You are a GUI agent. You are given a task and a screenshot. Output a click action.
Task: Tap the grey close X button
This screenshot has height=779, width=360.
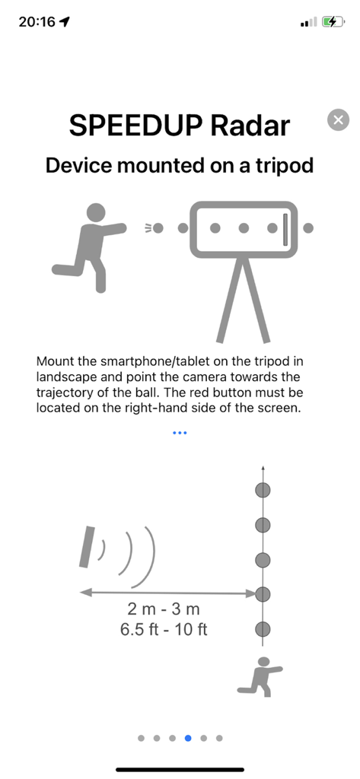coord(339,120)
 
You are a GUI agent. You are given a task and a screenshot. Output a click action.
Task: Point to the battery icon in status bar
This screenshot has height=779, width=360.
coord(333,22)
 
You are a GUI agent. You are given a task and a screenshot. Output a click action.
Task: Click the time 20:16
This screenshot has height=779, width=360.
coord(37,22)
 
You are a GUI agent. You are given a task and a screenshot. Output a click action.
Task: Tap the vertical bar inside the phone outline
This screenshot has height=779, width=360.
coord(285,228)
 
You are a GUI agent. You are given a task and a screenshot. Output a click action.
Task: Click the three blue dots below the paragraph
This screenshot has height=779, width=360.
coord(180,433)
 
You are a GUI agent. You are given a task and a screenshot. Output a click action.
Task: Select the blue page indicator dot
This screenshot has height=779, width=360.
coord(188,737)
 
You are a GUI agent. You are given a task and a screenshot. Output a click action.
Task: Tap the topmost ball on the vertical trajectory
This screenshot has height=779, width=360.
coord(263,490)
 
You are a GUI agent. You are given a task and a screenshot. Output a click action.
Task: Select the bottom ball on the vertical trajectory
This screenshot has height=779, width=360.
coord(263,628)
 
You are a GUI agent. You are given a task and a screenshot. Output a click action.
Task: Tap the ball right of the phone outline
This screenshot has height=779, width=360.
coord(308,227)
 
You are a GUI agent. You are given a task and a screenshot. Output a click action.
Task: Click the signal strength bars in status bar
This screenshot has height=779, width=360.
coord(307,23)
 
